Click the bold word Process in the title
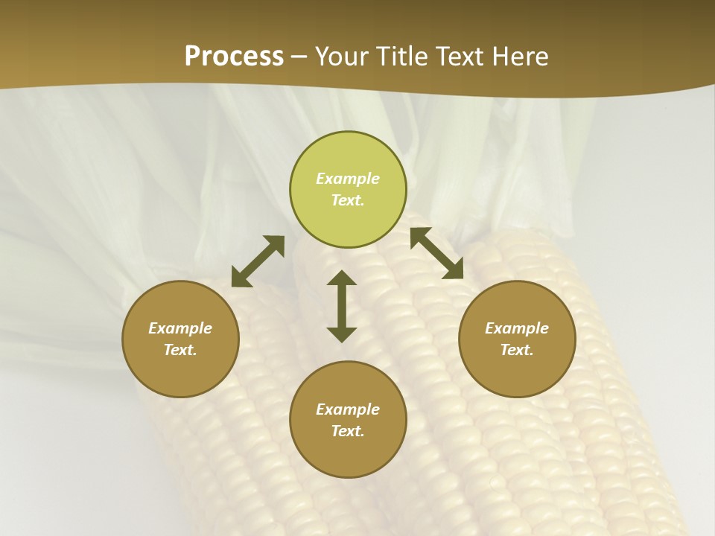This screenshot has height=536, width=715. pos(234,57)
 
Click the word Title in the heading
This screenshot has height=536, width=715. pos(402,57)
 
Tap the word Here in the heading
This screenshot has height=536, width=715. pos(518,57)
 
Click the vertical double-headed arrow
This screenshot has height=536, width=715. pos(342,306)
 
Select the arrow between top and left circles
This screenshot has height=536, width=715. pos(258,261)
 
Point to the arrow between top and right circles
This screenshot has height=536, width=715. pos(437,253)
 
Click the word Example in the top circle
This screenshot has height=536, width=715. pos(348,179)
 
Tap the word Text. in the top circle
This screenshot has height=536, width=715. pos(348,200)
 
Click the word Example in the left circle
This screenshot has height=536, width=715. pos(180,328)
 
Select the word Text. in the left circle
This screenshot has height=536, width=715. pos(180,350)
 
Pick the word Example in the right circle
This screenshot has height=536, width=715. pos(517,328)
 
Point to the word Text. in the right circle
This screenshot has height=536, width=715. pos(517,350)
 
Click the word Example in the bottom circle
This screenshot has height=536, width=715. pos(348,409)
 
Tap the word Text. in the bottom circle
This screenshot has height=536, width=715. pos(348,431)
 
